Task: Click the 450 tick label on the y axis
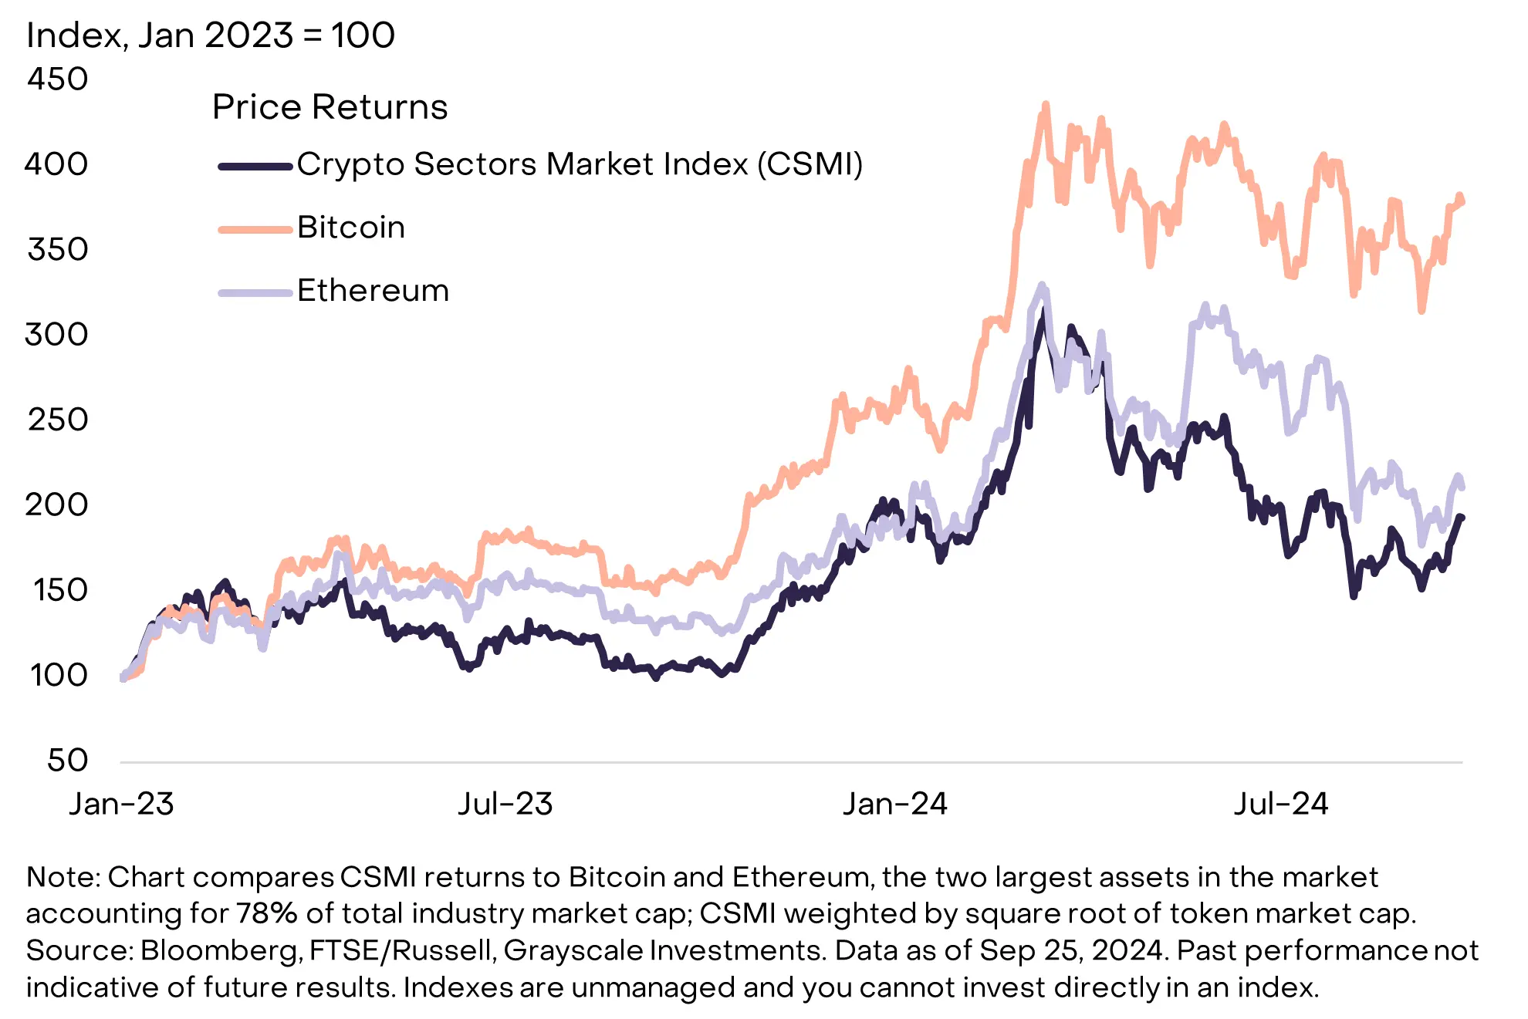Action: click(58, 79)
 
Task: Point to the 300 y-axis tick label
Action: click(56, 335)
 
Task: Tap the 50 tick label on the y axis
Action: click(68, 761)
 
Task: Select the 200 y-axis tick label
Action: click(56, 505)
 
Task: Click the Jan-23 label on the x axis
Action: click(121, 805)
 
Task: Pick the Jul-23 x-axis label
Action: click(505, 805)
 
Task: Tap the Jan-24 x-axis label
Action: click(894, 805)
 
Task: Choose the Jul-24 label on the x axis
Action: click(1281, 805)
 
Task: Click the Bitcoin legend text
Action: click(351, 228)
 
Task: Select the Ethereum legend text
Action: click(373, 291)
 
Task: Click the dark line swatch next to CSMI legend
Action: click(255, 166)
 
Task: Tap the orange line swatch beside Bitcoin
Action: click(255, 229)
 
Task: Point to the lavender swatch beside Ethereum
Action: click(255, 292)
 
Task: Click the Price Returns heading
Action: click(330, 107)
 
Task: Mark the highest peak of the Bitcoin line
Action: click(1046, 104)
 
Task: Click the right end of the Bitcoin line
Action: click(1462, 202)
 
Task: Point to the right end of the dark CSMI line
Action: click(1461, 518)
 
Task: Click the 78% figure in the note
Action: click(267, 913)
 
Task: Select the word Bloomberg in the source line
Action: click(220, 950)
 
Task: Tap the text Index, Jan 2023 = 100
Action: click(211, 35)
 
